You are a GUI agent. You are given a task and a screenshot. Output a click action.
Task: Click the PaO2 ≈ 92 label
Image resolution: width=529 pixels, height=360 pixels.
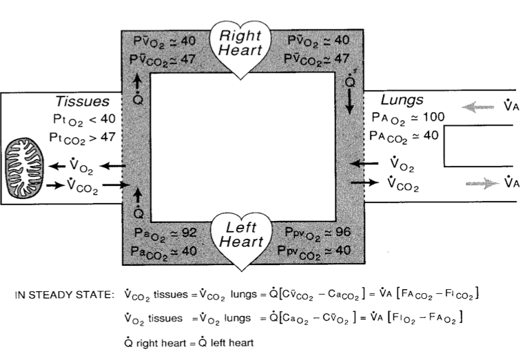pos(163,233)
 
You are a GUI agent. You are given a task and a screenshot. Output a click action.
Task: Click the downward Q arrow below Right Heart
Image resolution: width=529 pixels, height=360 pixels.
pos(351,101)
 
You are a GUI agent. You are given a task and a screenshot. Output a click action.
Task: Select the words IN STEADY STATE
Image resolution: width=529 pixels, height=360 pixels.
pos(62,295)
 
